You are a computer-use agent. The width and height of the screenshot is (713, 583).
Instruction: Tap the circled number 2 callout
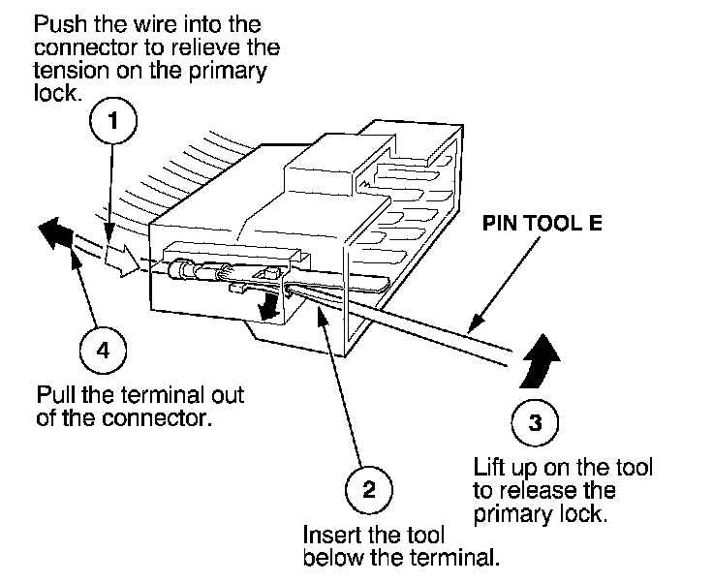(368, 489)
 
